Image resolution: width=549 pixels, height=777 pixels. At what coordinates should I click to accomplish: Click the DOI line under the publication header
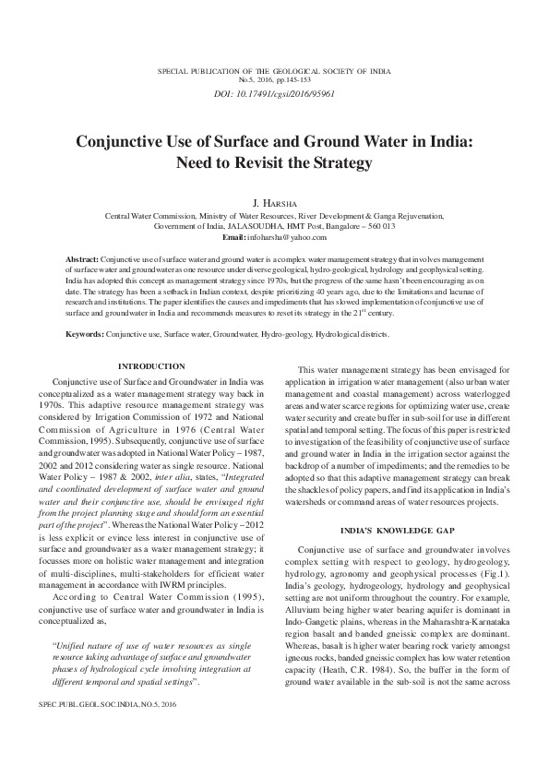click(x=274, y=94)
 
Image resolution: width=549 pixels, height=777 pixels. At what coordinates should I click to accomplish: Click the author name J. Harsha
click(x=274, y=201)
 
